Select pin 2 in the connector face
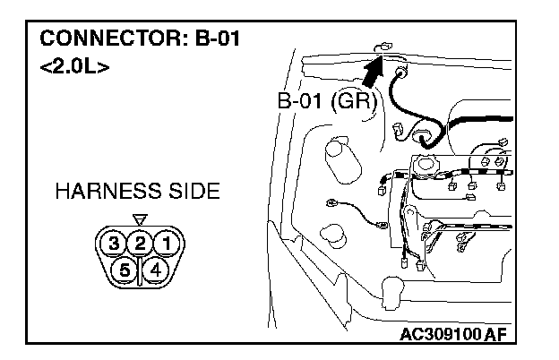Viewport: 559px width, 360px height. [140, 242]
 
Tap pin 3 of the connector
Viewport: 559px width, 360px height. [113, 242]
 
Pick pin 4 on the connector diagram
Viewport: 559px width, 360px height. [155, 268]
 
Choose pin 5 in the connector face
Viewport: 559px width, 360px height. [125, 268]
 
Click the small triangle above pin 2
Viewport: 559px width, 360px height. [139, 219]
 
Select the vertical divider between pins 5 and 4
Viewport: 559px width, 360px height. [140, 269]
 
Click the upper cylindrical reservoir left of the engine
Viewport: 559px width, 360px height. [339, 158]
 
